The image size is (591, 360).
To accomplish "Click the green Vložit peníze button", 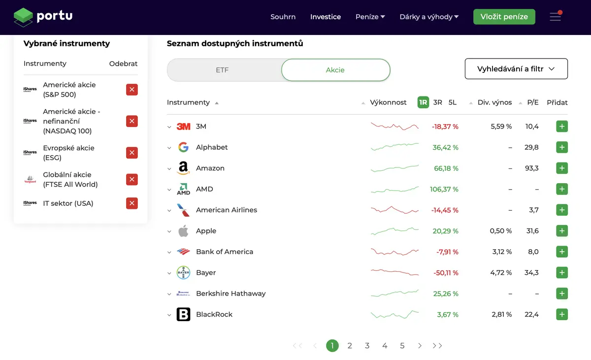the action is tap(504, 17).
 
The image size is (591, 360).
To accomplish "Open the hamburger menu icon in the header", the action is tap(556, 16).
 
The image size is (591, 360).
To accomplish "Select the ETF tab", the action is tap(222, 70).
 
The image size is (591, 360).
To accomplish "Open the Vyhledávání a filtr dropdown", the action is tap(516, 68).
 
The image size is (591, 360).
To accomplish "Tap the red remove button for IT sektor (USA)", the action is tap(132, 203).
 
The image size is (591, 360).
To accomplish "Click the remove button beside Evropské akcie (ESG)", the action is tap(132, 153).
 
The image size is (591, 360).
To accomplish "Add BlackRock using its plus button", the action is tap(562, 314).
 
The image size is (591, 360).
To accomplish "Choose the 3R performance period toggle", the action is tap(437, 102).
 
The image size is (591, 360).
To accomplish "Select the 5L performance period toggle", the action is tap(453, 102).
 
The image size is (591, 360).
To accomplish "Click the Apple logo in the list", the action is tap(183, 231).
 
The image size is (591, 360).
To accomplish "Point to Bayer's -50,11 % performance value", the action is tap(446, 273).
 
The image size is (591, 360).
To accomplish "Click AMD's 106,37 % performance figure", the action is tap(444, 189).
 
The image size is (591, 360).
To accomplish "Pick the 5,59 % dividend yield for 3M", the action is tap(501, 127).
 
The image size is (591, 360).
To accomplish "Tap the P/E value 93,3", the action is tap(531, 168).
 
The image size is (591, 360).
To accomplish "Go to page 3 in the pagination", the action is tap(367, 346).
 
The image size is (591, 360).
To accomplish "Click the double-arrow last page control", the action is tap(437, 346).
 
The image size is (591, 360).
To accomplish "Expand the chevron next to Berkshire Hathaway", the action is tap(169, 294).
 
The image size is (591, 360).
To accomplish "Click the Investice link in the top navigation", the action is tap(326, 17).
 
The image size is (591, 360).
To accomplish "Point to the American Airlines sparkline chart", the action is tap(394, 210).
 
